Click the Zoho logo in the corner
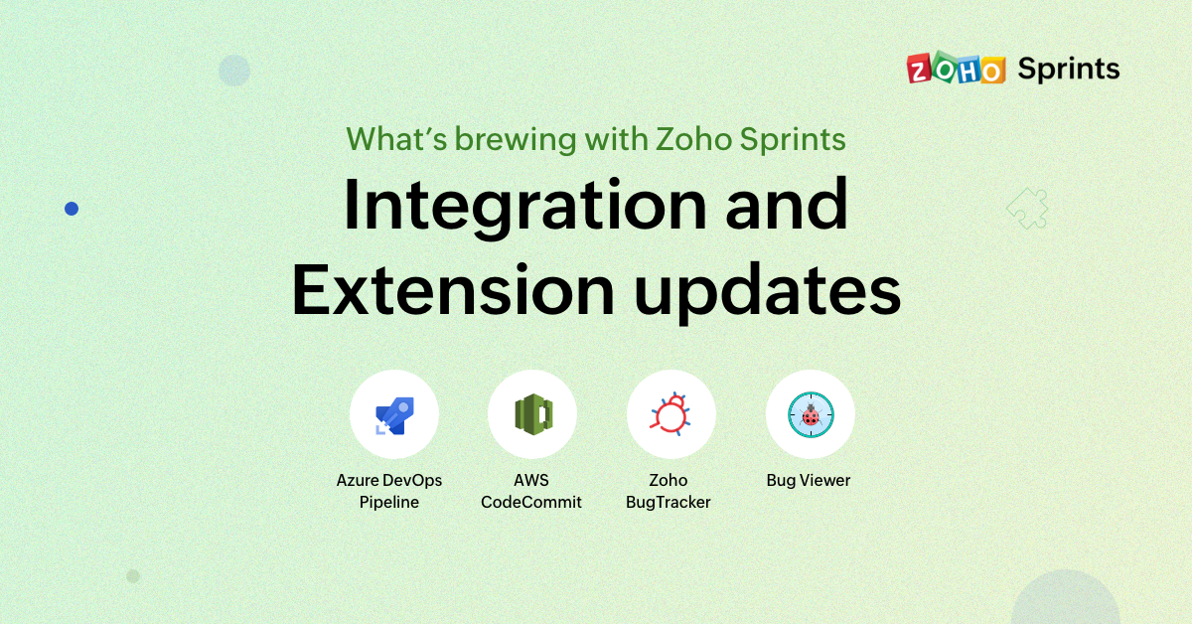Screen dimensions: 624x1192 tap(956, 70)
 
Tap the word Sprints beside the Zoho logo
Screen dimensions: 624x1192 tap(1069, 70)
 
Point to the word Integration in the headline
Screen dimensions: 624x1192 tap(524, 206)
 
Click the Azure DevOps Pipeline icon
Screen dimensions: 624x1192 tap(394, 414)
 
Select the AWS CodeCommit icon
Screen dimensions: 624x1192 tap(532, 414)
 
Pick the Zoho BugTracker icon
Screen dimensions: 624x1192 tap(670, 414)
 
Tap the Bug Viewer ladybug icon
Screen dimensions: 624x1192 tap(810, 414)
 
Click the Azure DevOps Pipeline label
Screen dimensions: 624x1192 tap(389, 491)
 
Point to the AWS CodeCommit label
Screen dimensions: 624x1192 tap(531, 491)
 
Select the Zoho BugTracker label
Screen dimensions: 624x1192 tap(669, 491)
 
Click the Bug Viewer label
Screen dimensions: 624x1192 tap(809, 480)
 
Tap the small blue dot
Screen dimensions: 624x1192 tap(72, 209)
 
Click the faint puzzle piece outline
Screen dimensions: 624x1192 tap(1027, 209)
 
